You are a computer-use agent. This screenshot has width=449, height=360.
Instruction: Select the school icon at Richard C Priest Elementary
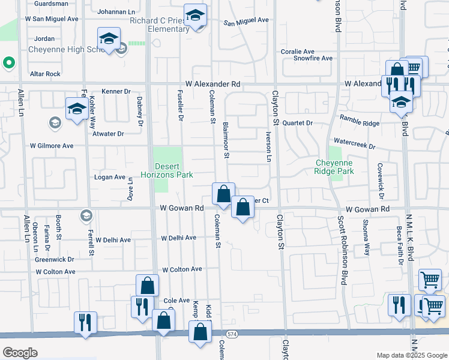pyautogui.click(x=195, y=16)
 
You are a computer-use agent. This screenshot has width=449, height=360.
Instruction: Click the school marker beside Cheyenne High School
pyautogui.click(x=108, y=40)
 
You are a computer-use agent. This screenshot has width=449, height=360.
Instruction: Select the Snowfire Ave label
pyautogui.click(x=313, y=58)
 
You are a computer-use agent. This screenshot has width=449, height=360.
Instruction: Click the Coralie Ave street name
pyautogui.click(x=297, y=52)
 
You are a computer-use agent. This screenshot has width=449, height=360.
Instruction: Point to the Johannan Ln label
pyautogui.click(x=118, y=11)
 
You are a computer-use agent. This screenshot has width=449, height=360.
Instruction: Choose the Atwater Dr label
pyautogui.click(x=108, y=134)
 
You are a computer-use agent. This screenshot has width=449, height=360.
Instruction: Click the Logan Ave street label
pyautogui.click(x=109, y=178)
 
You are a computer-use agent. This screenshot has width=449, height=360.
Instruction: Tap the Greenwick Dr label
pyautogui.click(x=54, y=260)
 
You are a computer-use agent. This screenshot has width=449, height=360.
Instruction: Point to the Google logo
pyautogui.click(x=20, y=353)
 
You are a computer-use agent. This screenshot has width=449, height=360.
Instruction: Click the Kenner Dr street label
pyautogui.click(x=116, y=91)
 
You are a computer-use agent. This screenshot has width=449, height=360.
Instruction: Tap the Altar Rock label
pyautogui.click(x=45, y=74)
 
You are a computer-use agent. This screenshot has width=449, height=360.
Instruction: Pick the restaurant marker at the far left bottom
pyautogui.click(x=85, y=322)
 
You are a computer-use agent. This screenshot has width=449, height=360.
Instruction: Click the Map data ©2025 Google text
pyautogui.click(x=411, y=355)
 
